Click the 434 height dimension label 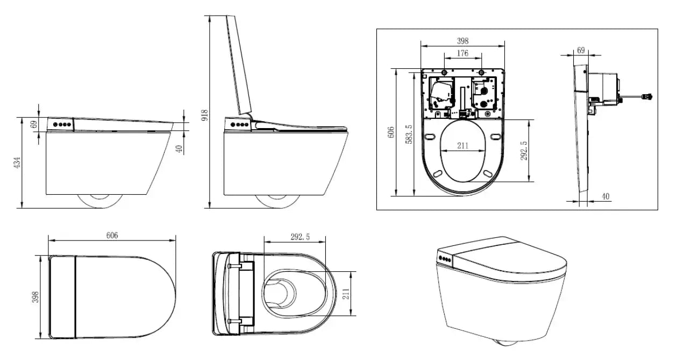(x=17, y=162)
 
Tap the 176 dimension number (x=462, y=53)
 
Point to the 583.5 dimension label (x=409, y=134)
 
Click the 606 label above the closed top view (x=112, y=235)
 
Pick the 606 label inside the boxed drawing (x=391, y=132)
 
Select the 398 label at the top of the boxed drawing (x=462, y=40)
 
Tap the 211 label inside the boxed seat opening (x=463, y=145)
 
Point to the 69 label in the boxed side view (x=581, y=50)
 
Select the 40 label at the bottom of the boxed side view (x=605, y=197)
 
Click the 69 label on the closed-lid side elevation (x=34, y=124)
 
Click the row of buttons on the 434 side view (x=62, y=124)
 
